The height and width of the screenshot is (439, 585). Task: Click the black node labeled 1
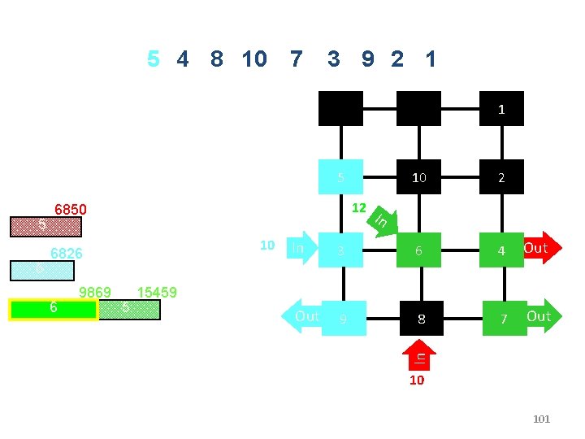(x=501, y=108)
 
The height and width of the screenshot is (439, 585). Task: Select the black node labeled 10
(x=418, y=176)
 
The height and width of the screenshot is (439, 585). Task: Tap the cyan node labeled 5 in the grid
(x=341, y=176)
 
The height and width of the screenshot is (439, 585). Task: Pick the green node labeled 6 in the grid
(x=418, y=250)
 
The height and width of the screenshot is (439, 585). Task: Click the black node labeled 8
(x=421, y=318)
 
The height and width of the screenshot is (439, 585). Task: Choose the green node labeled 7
(x=504, y=318)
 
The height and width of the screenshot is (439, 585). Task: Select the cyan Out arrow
(x=304, y=316)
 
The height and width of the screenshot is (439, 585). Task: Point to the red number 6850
(x=71, y=208)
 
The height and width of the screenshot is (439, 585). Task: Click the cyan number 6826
(x=67, y=253)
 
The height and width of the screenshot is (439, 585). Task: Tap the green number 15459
(x=158, y=291)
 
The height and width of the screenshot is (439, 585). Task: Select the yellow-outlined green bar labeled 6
(x=54, y=309)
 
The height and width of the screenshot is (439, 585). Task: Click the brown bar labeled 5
(x=42, y=225)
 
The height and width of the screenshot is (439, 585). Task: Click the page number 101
(x=540, y=419)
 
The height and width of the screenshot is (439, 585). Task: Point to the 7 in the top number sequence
(x=296, y=59)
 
